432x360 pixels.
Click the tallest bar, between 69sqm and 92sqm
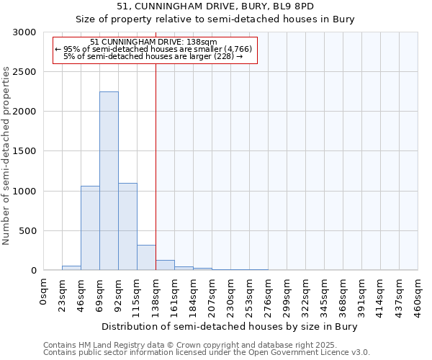pos(109,181)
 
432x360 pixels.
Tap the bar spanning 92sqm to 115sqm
pos(127,227)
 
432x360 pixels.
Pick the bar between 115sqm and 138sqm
pos(146,258)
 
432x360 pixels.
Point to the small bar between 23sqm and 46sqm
pos(71,268)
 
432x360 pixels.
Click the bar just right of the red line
pos(165,265)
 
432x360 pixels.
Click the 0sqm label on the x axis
pos(44,291)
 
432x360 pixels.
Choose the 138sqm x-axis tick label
pos(156,295)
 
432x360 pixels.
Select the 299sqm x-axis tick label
pos(287,295)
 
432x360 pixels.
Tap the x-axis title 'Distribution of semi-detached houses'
pos(229,326)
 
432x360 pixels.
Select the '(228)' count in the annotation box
pos(224,56)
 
